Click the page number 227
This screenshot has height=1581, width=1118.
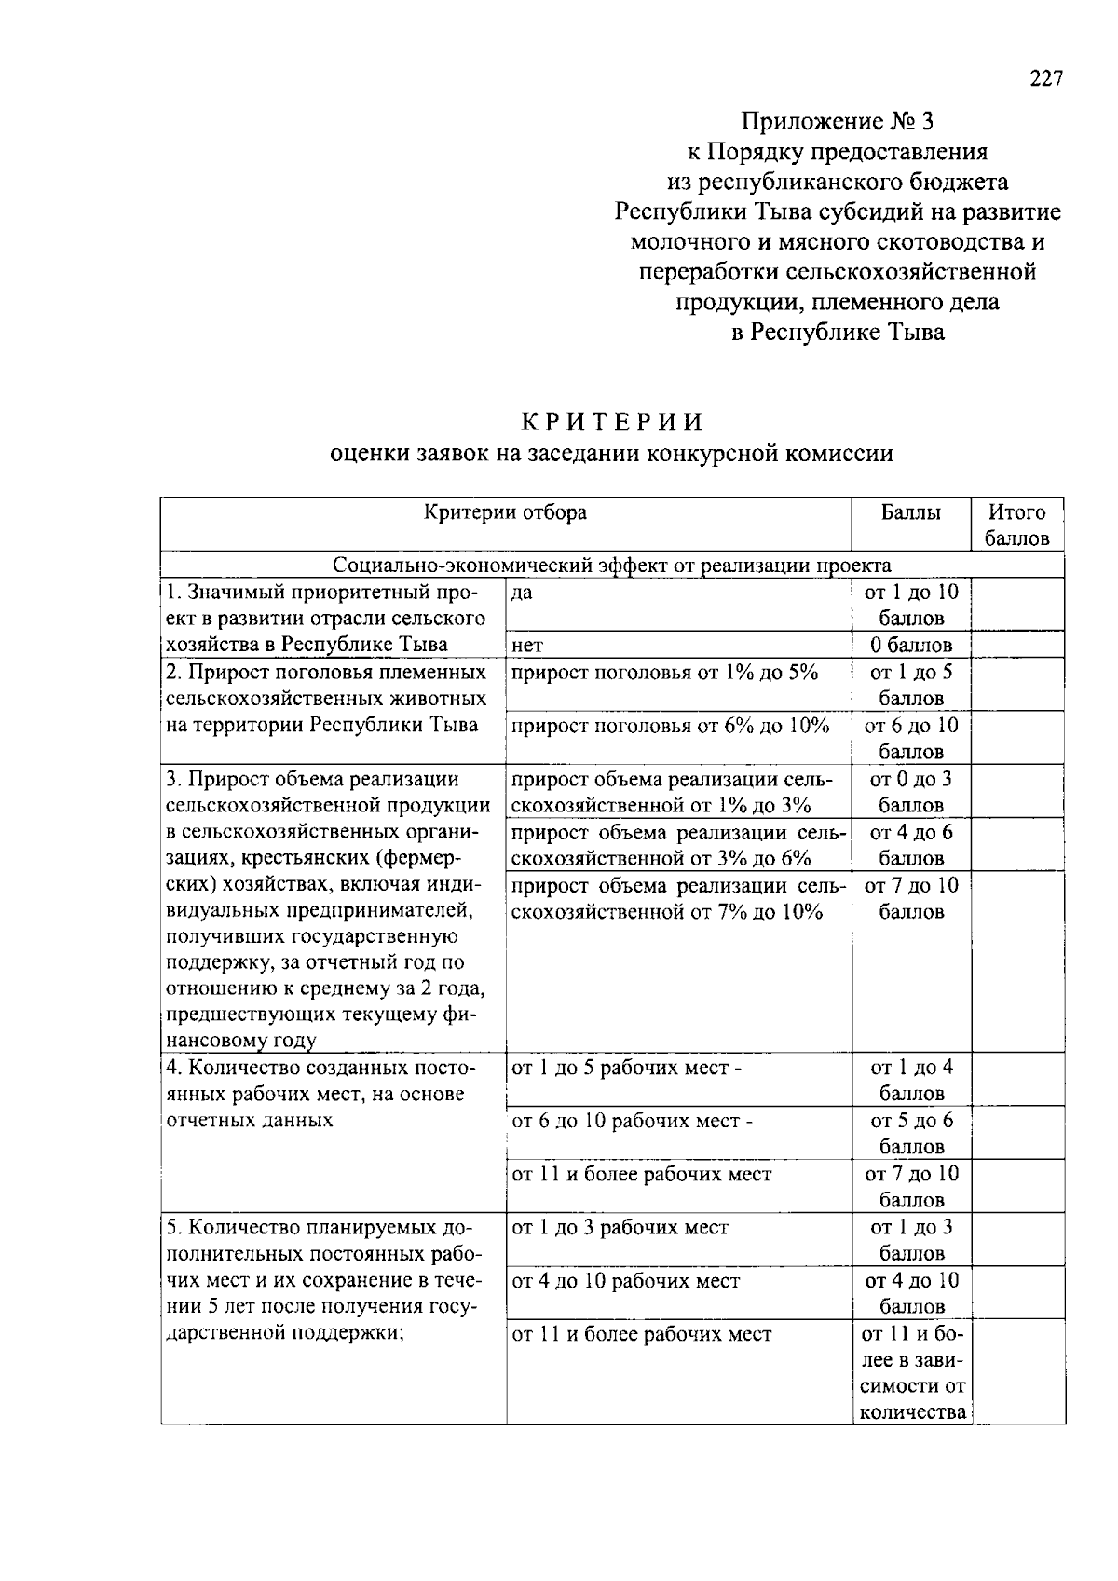click(x=1045, y=79)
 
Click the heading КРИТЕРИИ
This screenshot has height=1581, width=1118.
click(x=612, y=422)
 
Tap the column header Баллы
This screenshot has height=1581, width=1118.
click(x=910, y=512)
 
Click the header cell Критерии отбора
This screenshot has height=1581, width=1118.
click(x=505, y=512)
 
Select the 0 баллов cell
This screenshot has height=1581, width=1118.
click(x=911, y=645)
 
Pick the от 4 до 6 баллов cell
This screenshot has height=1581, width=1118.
click(x=911, y=844)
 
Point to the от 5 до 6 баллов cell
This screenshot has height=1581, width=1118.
click(x=911, y=1133)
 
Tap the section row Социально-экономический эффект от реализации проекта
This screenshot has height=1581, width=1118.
click(x=611, y=566)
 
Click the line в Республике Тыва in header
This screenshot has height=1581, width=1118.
click(x=837, y=333)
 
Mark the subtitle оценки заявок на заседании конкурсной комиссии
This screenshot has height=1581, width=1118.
click(x=612, y=454)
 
